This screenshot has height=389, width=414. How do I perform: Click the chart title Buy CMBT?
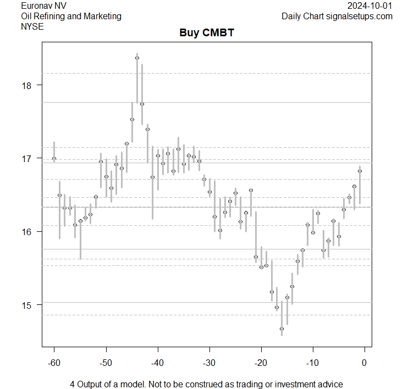coord(207,33)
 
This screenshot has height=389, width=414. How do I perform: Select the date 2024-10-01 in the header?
coord(370,5)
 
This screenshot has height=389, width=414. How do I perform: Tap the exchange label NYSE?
coord(31,26)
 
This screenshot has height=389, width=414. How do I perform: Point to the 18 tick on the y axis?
coord(28,85)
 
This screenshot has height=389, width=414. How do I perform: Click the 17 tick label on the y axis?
coord(28,158)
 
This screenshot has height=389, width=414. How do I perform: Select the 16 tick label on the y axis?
coord(28,231)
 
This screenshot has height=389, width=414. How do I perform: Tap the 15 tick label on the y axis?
coord(28,304)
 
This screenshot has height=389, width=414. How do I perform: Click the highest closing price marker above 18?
coord(137,58)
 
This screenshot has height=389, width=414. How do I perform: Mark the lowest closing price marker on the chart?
coord(281,329)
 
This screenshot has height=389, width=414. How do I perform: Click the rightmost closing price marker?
coord(360,171)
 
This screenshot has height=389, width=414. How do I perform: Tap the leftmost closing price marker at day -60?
coord(54,158)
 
